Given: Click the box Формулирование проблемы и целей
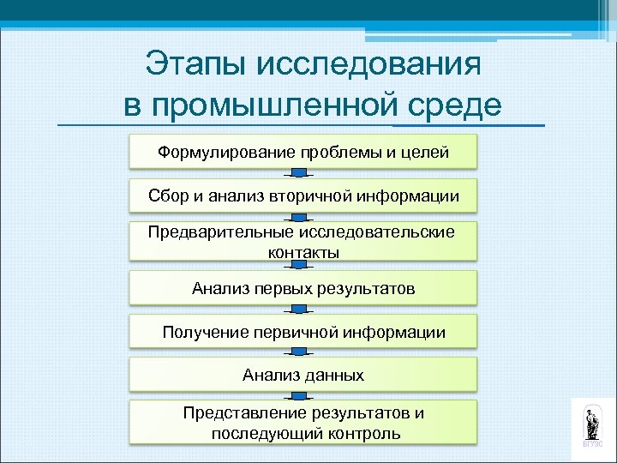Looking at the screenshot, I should point(303,152).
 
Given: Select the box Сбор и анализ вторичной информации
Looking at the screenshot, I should point(303,196).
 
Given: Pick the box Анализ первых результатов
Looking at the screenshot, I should point(303,288).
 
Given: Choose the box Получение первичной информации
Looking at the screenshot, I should point(303,332).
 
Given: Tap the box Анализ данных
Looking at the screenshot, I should point(303,375).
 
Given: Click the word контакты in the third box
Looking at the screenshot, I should point(303,252).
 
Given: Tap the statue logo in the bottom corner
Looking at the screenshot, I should point(592,424).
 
